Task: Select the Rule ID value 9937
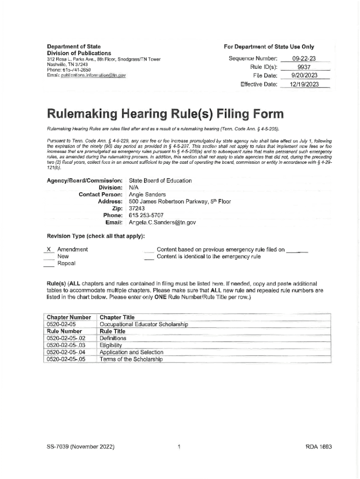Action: click(x=303, y=67)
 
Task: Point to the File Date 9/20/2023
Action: click(x=303, y=75)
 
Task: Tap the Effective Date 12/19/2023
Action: click(x=303, y=84)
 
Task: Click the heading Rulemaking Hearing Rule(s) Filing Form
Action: click(x=165, y=114)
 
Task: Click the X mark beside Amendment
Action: click(x=49, y=249)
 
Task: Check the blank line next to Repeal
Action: click(x=49, y=264)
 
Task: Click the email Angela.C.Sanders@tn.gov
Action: click(x=162, y=222)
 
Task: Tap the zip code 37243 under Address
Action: click(x=138, y=209)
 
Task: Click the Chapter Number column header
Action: click(x=69, y=317)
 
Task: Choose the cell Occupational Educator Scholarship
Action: click(x=144, y=324)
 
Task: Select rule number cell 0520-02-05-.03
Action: click(x=66, y=345)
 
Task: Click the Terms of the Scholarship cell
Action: click(x=131, y=359)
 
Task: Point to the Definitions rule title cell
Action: click(x=113, y=338)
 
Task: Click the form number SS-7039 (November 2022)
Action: click(x=78, y=447)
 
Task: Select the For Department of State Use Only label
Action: click(x=269, y=47)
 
